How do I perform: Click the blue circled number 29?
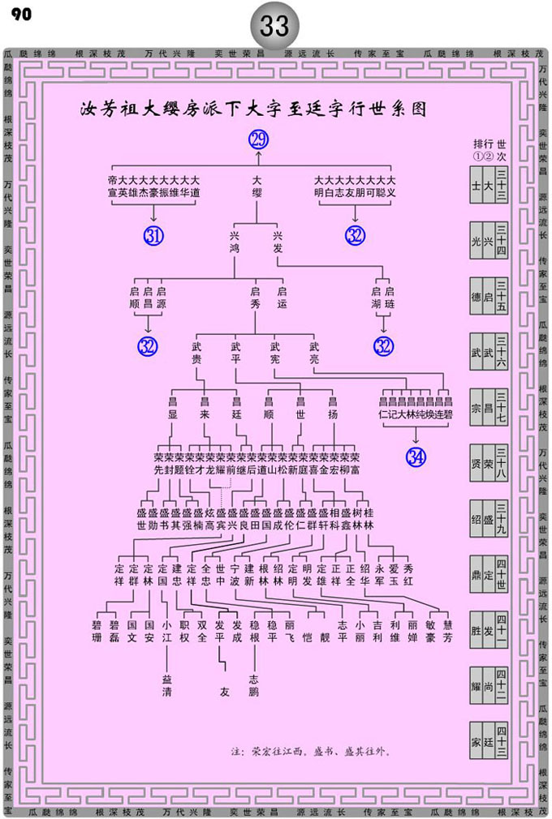point(257,139)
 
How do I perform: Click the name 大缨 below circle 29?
point(257,186)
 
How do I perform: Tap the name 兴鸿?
point(235,242)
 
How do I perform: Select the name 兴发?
point(277,242)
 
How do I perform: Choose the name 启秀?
point(255,298)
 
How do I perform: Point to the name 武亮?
point(314,354)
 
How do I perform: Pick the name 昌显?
point(172,408)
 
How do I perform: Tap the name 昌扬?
point(332,408)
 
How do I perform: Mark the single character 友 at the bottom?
point(224,693)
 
